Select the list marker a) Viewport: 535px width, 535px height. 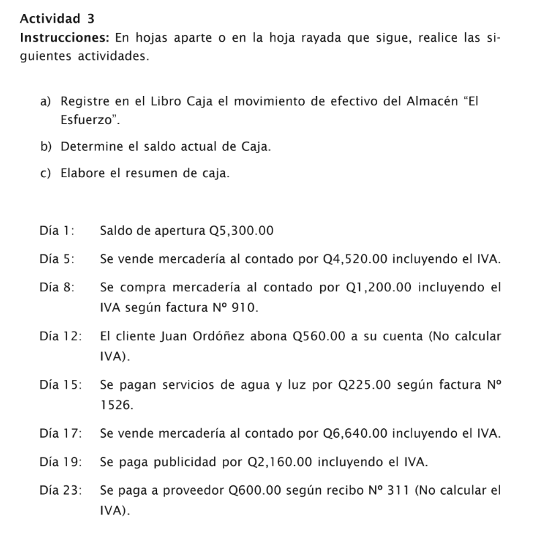[45, 102]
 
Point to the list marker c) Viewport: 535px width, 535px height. [45, 173]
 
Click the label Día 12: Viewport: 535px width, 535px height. [60, 336]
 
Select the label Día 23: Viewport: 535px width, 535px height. [60, 491]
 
